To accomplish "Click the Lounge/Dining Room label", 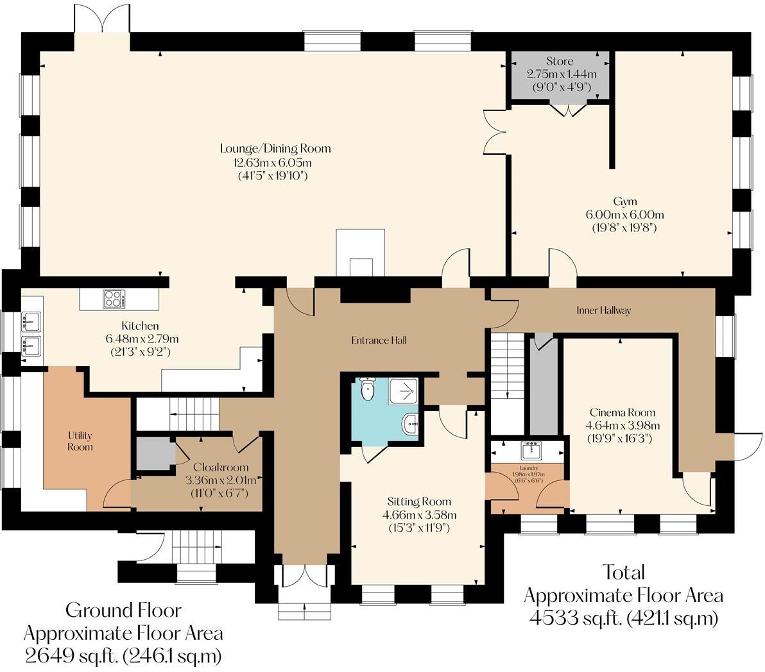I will pyautogui.click(x=275, y=149).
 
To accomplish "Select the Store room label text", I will pyautogui.click(x=559, y=62).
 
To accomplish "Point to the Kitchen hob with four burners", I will pyautogui.click(x=114, y=299).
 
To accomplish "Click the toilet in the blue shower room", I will pyautogui.click(x=368, y=390).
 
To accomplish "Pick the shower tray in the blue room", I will pyautogui.click(x=403, y=391).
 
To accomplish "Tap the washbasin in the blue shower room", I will pyautogui.click(x=409, y=423).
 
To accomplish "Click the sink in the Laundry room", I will pyautogui.click(x=531, y=451).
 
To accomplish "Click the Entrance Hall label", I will pyautogui.click(x=379, y=340).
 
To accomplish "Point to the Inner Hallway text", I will pyautogui.click(x=603, y=310).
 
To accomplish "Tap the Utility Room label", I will pyautogui.click(x=80, y=441).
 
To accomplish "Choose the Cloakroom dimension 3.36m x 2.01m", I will pyautogui.click(x=220, y=480).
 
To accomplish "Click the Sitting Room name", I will pyautogui.click(x=419, y=501).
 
